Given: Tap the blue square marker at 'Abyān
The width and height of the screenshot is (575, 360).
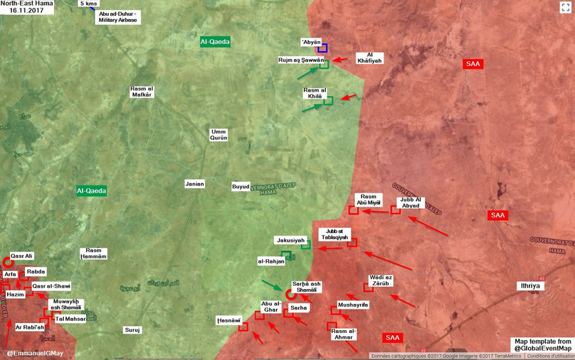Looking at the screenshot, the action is [x=322, y=48].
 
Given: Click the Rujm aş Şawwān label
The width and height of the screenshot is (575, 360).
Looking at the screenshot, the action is [x=301, y=60].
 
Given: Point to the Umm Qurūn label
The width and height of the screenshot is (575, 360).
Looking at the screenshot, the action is [x=219, y=135].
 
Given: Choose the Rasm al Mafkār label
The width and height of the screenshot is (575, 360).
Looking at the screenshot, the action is [x=142, y=92].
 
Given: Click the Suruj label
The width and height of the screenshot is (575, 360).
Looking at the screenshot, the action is [x=133, y=329].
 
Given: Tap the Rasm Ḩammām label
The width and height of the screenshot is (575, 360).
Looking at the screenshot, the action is [x=94, y=253].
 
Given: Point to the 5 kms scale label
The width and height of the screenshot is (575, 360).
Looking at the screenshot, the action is [x=89, y=4].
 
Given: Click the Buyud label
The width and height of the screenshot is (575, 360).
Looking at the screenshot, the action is [x=241, y=187].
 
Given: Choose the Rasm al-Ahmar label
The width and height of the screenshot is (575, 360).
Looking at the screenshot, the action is [x=344, y=334].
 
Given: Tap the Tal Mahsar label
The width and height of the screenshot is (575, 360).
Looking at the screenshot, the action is [x=71, y=319].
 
